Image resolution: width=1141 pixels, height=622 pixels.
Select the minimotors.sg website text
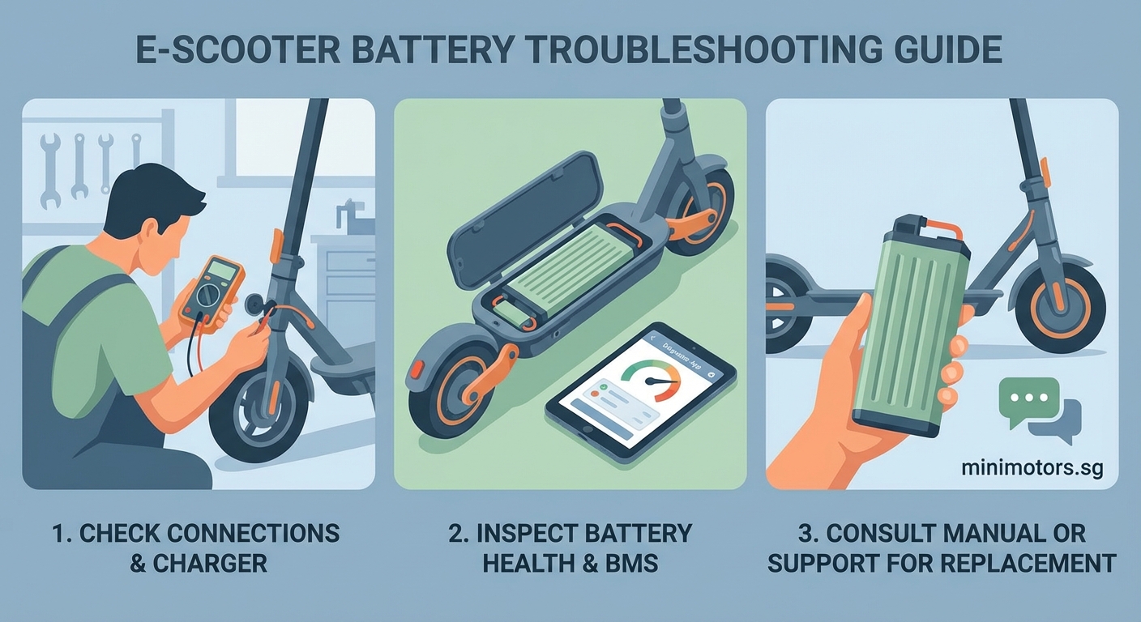click(1032, 468)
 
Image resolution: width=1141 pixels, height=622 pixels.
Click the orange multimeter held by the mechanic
click(212, 292)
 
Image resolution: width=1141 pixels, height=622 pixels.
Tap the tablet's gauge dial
click(651, 380)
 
